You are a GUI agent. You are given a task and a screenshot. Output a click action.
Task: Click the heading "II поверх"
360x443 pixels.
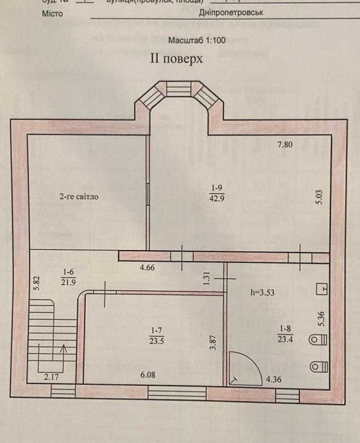click(x=174, y=58)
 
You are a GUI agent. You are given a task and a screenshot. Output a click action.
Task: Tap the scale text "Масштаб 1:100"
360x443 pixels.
click(x=197, y=40)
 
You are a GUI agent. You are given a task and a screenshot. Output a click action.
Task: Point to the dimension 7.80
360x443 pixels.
click(x=285, y=145)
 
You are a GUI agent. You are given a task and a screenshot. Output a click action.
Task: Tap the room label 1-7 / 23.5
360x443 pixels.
click(x=157, y=337)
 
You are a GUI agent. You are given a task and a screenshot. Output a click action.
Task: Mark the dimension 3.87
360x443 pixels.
click(x=213, y=344)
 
